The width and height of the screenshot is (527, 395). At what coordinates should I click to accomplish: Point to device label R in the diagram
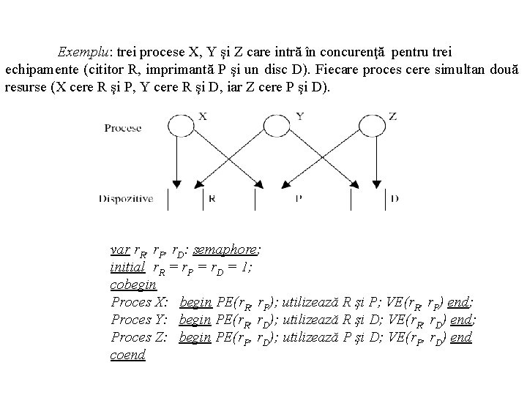coord(211,197)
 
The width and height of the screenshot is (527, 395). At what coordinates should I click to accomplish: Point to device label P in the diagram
coord(299,197)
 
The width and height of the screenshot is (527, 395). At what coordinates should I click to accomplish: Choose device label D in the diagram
coord(395,197)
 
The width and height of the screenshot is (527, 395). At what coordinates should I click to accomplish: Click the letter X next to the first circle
coord(202,116)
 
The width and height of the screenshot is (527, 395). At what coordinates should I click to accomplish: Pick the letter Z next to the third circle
coord(393,116)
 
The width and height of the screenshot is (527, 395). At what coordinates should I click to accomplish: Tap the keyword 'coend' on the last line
coord(128,354)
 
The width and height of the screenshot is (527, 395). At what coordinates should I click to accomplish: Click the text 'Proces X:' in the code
coord(140,301)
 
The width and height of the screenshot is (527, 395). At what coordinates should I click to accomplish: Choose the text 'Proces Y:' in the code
coord(140,319)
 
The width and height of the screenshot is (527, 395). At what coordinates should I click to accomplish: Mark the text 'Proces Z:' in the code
coord(140,336)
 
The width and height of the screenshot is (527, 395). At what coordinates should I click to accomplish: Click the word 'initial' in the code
coord(127,267)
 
